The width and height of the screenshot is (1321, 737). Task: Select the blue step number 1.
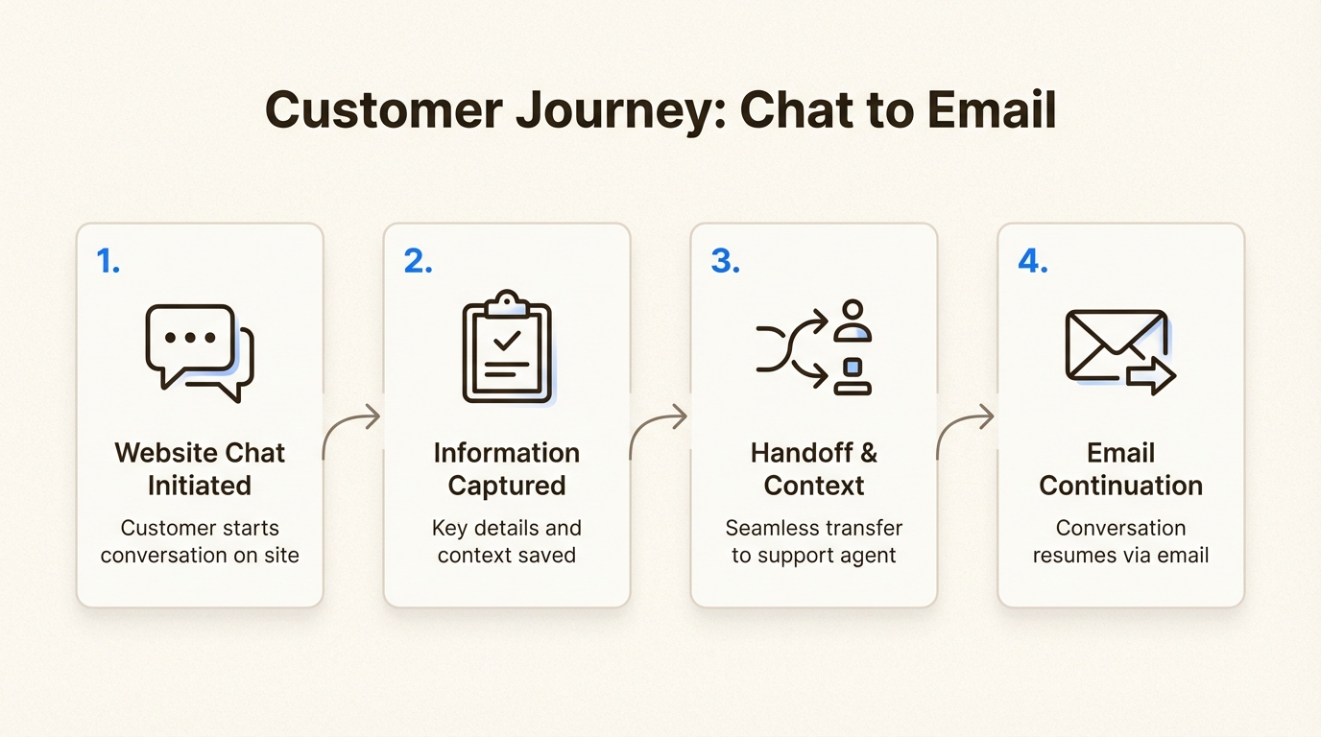point(108,261)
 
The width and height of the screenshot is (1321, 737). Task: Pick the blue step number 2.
point(417,261)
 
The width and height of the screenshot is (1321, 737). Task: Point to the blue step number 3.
point(725,261)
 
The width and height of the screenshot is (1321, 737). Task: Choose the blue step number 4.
point(1032,261)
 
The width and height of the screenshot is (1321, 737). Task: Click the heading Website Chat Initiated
point(200,468)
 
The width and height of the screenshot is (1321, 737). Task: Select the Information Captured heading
point(507,468)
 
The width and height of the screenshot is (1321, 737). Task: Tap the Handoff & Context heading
point(814,468)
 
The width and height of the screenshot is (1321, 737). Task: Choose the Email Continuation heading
point(1120,468)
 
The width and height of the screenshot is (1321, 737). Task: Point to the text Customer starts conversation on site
point(200,541)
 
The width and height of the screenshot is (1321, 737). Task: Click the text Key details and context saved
point(507,541)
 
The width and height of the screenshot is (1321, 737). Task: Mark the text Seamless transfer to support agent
point(814,541)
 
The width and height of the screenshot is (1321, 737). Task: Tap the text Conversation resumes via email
point(1120,541)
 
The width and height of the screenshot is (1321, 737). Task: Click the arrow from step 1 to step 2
point(351,432)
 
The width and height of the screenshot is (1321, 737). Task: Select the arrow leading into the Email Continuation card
point(965,432)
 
